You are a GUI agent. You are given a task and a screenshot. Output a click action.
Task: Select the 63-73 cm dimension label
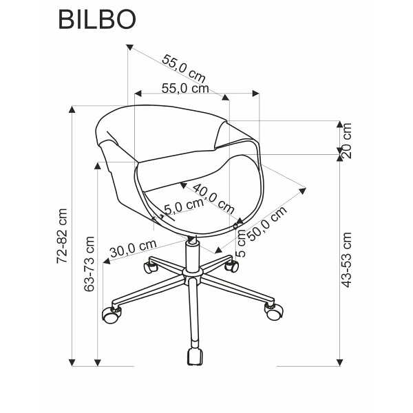click(x=89, y=264)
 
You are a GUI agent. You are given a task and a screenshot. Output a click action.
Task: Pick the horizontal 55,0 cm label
click(x=185, y=88)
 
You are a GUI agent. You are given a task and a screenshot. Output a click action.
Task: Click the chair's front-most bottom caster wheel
click(x=195, y=357)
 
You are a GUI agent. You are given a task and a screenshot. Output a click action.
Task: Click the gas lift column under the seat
click(x=192, y=255)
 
